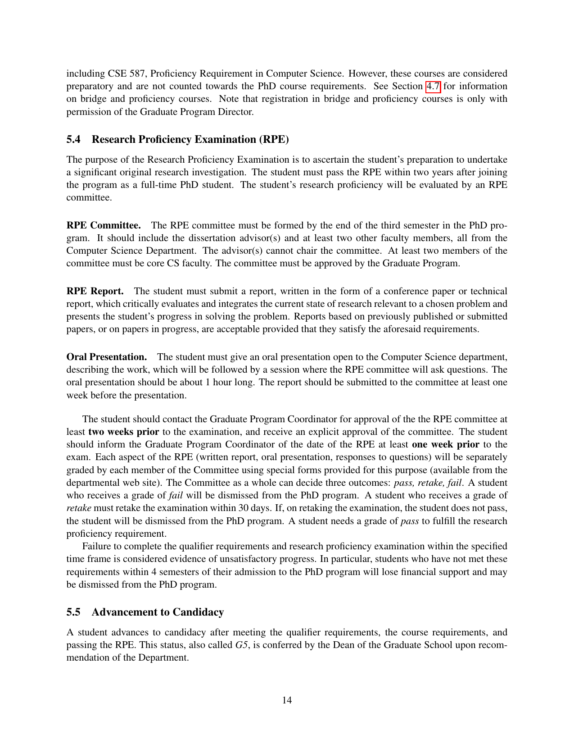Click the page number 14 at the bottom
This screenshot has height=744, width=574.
[287, 700]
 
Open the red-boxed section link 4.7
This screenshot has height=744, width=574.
[433, 86]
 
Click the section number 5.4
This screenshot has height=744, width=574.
[73, 139]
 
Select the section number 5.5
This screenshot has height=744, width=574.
[73, 612]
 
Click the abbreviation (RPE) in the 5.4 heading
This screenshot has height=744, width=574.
[274, 139]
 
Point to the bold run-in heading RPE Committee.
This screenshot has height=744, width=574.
[104, 225]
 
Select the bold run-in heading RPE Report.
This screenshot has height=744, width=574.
[95, 291]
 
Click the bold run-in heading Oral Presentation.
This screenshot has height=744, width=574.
[107, 357]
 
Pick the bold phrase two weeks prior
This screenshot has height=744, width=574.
[124, 432]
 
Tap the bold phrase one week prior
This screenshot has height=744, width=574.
[445, 444]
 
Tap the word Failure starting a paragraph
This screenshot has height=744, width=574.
[97, 546]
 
